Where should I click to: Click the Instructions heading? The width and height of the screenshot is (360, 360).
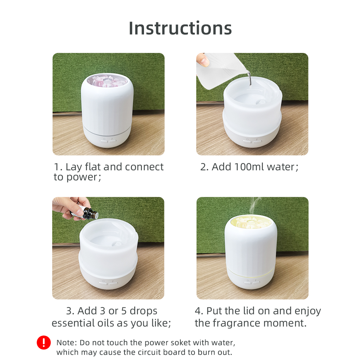180,28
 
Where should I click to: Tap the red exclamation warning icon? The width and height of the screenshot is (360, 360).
44,343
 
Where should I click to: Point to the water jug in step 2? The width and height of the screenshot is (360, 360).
221,70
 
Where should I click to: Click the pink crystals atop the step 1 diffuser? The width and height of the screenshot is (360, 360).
108,81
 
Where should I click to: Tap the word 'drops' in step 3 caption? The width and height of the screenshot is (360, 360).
144,311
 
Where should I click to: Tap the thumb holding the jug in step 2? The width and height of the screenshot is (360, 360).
203,59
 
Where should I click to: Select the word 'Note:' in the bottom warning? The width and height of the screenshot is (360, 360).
67,343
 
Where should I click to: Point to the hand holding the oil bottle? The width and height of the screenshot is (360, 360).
71,208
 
